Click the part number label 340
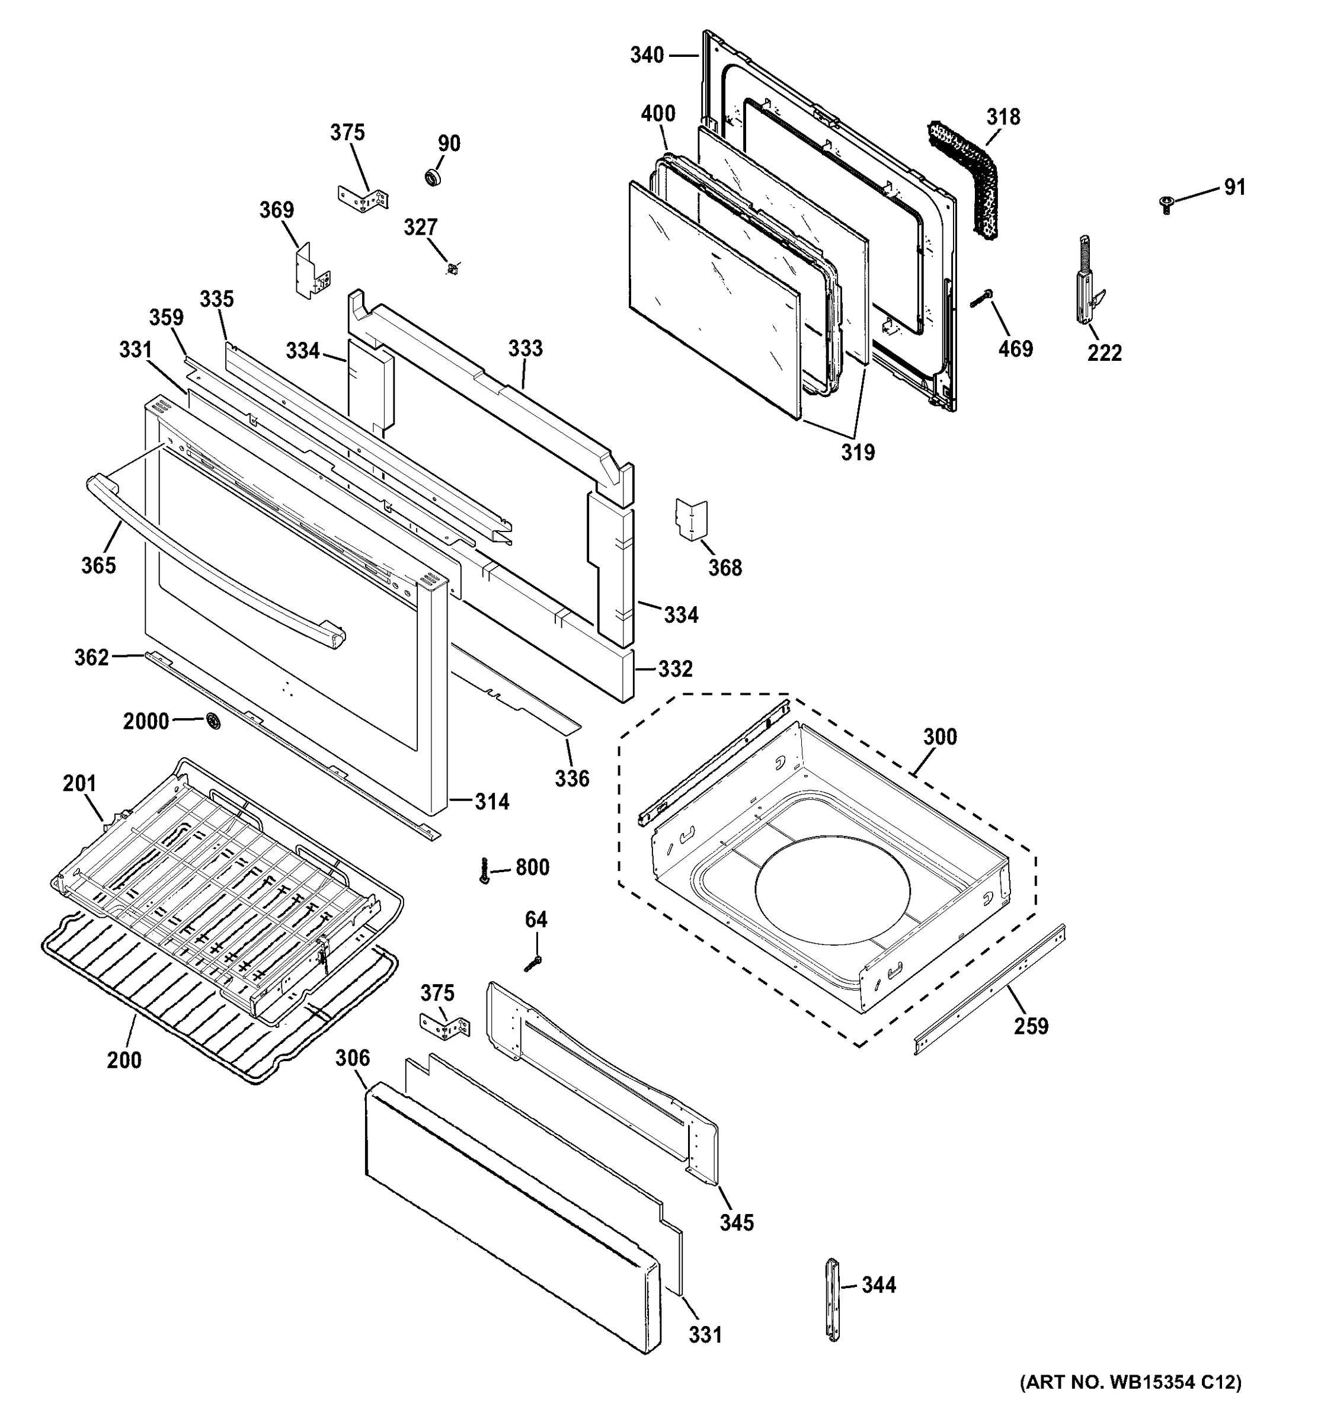646,55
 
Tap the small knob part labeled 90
433,177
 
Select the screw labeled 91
1167,205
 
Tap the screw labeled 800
485,870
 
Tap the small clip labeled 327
452,269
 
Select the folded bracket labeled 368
691,519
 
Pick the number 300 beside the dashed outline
939,736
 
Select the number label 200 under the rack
124,1060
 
